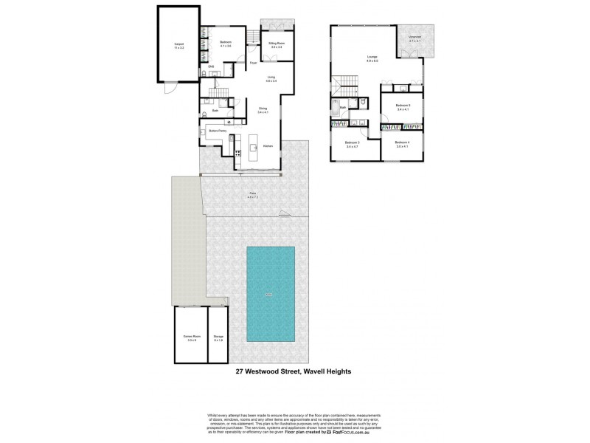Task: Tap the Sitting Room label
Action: (x=277, y=44)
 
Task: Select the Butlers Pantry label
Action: (x=217, y=131)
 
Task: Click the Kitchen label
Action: (x=268, y=146)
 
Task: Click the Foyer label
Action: (x=253, y=63)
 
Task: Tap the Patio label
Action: (x=252, y=196)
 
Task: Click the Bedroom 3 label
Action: (x=353, y=142)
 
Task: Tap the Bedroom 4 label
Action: (x=402, y=142)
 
